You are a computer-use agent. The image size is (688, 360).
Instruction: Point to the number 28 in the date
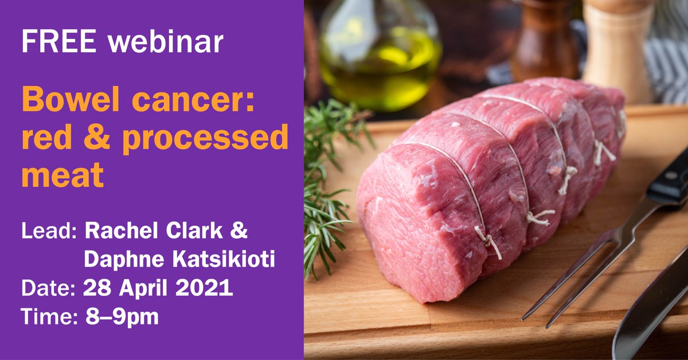click(x=96, y=288)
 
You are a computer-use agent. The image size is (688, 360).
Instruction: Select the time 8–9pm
click(x=121, y=316)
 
